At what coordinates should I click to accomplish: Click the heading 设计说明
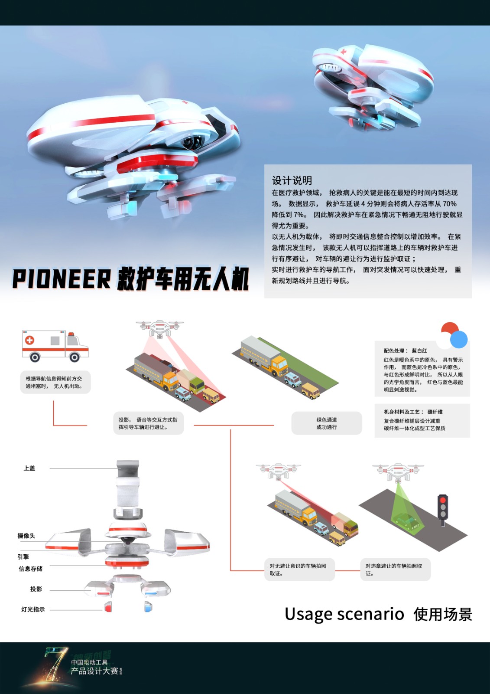(292, 180)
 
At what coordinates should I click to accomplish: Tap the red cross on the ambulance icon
(29, 340)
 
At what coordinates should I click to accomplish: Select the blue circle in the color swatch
(459, 339)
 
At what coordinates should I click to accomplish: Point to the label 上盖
(29, 468)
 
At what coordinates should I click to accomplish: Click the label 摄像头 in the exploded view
(26, 536)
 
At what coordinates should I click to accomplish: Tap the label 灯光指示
(33, 609)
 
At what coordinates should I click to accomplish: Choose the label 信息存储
(30, 569)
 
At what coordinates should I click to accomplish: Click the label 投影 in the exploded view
(36, 589)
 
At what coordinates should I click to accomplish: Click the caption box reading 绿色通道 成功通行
(327, 423)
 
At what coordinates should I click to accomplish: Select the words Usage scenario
(344, 614)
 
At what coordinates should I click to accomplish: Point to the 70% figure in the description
(449, 204)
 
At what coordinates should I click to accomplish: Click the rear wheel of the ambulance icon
(35, 357)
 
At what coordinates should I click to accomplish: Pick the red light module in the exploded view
(108, 607)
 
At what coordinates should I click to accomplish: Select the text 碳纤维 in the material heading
(435, 412)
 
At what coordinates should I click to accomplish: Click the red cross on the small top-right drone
(344, 52)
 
